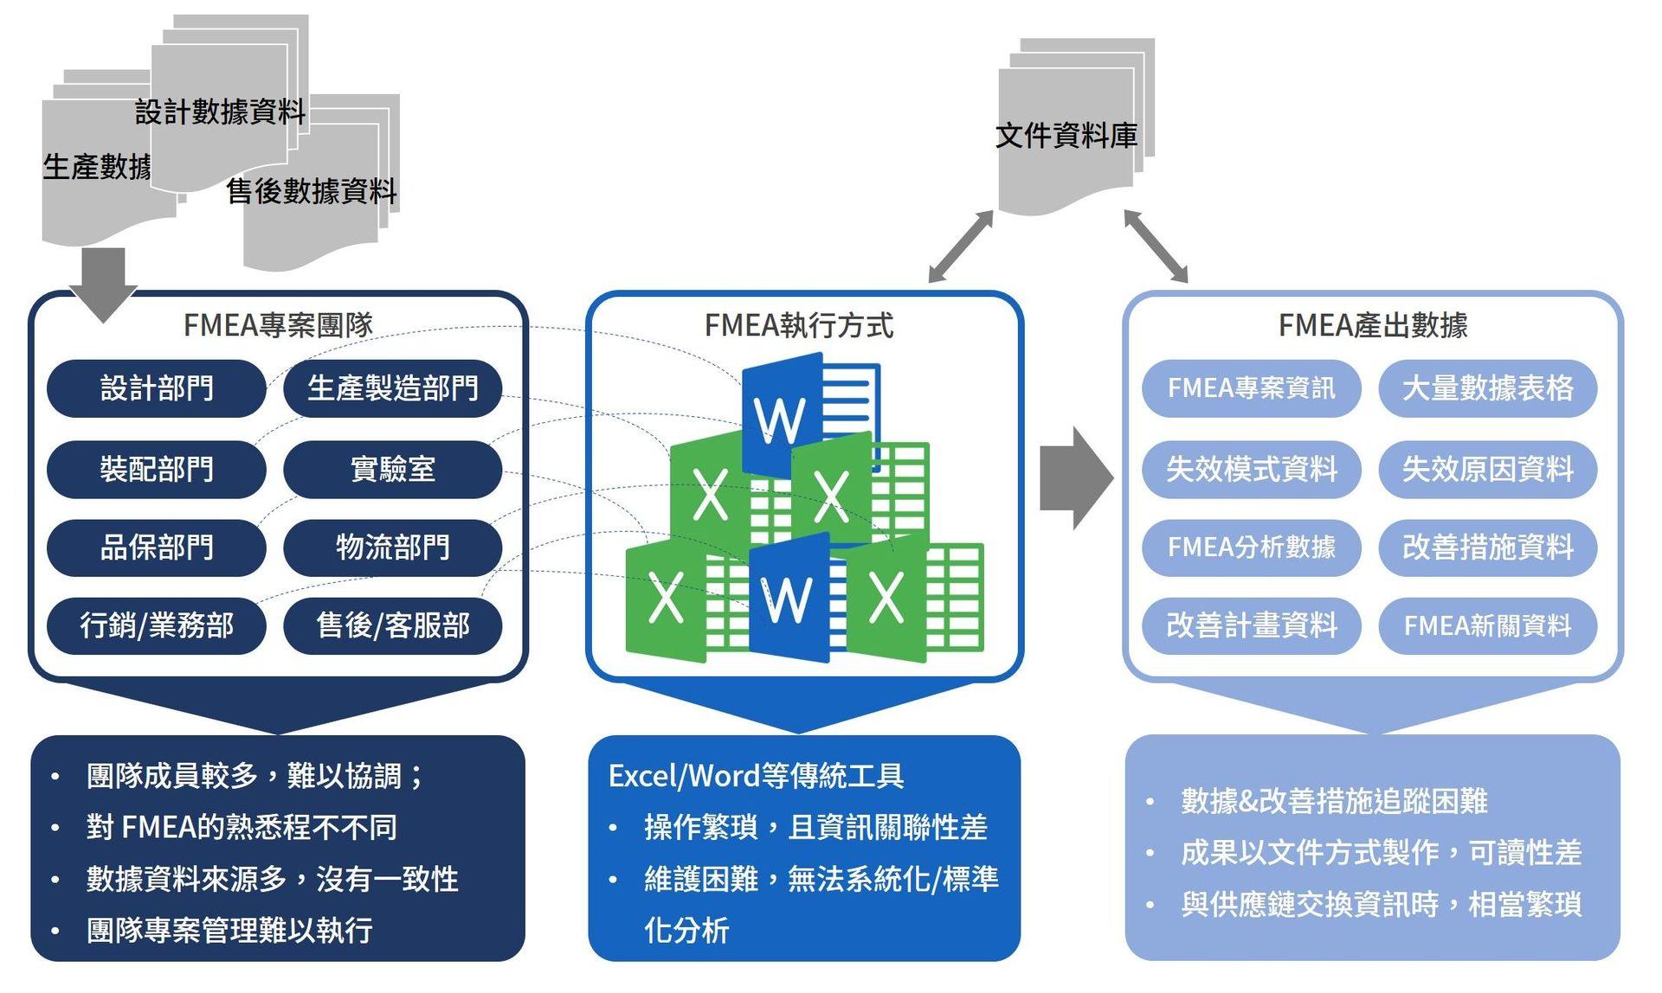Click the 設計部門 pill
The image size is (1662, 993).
[x=157, y=388]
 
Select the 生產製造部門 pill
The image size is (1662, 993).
[x=393, y=388]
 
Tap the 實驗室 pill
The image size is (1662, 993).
[x=393, y=469]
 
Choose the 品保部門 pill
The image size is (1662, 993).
[x=157, y=548]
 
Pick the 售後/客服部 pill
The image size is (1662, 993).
[x=393, y=625]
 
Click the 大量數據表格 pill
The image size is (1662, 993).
[x=1487, y=388]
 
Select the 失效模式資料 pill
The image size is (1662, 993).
[x=1251, y=469]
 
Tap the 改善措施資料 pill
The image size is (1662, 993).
[x=1487, y=548]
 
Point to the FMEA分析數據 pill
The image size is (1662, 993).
[x=1251, y=548]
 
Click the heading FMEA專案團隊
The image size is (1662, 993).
[x=278, y=325]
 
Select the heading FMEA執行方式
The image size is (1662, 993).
[x=799, y=325]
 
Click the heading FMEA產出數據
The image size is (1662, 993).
[x=1373, y=325]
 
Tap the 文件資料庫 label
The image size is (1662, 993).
[x=1066, y=136]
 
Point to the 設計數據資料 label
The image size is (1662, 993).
[x=221, y=112]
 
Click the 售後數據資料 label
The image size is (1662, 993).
[x=312, y=191]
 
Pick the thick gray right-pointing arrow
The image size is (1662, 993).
[x=1076, y=477]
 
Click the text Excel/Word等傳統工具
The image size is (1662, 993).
[x=757, y=776]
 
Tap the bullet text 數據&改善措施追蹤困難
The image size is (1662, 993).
[x=1334, y=801]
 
